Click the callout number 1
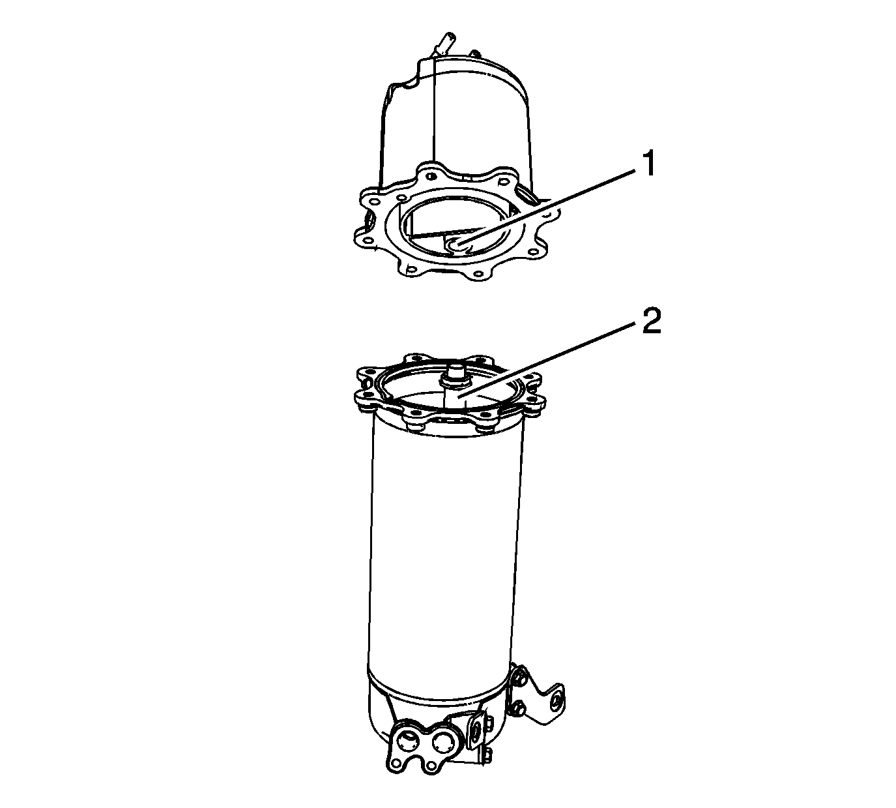tap(648, 164)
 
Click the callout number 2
tap(651, 321)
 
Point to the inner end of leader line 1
tap(457, 245)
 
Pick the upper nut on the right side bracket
tap(518, 680)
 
